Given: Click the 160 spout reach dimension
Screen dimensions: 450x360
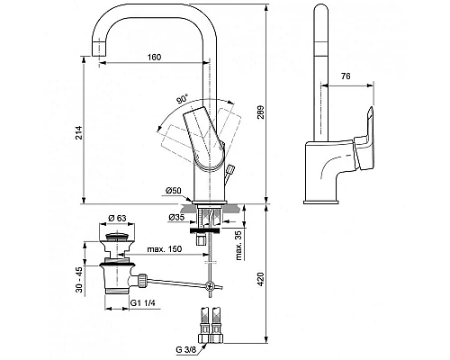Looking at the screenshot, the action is pyautogui.click(x=155, y=57).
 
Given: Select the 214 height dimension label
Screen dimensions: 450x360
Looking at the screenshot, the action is pyautogui.click(x=79, y=132).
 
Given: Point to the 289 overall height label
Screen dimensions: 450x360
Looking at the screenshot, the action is pyautogui.click(x=261, y=112).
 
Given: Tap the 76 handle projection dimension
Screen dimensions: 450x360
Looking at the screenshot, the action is pyautogui.click(x=346, y=76).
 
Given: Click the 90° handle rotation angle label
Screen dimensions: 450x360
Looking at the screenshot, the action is pyautogui.click(x=182, y=99).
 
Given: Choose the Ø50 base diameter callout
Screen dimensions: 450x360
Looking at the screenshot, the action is pyautogui.click(x=174, y=191).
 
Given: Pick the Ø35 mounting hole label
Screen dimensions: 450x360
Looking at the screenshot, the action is pyautogui.click(x=176, y=218).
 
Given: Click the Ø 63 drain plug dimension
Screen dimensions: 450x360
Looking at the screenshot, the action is pyautogui.click(x=117, y=218).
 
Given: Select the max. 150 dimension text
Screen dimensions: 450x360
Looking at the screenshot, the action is pyautogui.click(x=165, y=249).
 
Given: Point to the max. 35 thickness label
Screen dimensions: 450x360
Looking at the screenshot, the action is pyautogui.click(x=239, y=247).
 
